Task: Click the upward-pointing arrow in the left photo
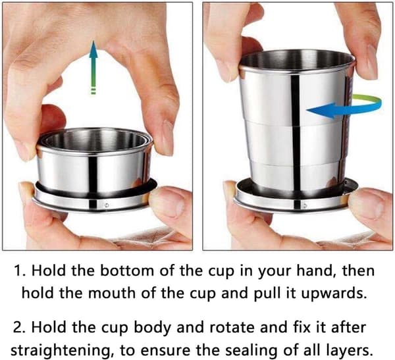(x=93, y=67)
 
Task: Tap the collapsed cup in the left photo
(x=95, y=168)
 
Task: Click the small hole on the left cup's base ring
(x=107, y=205)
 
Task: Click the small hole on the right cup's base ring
(x=305, y=205)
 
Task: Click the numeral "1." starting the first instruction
(x=20, y=271)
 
